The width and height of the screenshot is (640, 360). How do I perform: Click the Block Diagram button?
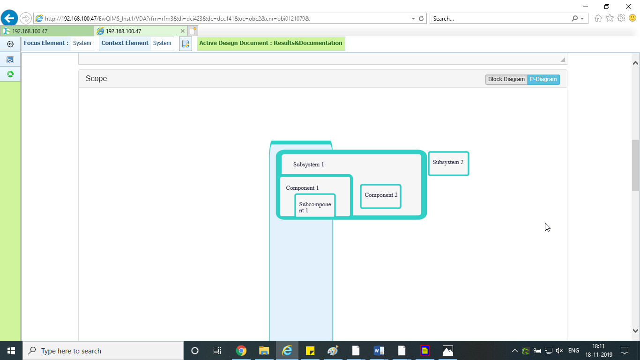pos(506,79)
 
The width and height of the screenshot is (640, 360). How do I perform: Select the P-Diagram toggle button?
pos(543,79)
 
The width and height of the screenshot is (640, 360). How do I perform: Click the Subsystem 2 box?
pos(448,163)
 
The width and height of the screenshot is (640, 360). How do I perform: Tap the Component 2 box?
pos(380,196)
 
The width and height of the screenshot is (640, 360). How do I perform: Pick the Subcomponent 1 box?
pos(315,206)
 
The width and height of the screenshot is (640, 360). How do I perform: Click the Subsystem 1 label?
pos(309,165)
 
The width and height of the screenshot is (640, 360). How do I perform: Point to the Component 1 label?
pos(302,188)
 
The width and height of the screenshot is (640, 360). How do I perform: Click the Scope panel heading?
pos(97,79)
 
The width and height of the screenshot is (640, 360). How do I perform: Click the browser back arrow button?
pos(9,18)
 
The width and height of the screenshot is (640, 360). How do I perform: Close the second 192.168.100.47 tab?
pos(183,31)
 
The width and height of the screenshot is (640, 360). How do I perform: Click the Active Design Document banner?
pos(271,44)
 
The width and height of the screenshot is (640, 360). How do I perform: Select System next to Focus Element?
pos(82,43)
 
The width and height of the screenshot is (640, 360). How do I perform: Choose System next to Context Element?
pos(162,43)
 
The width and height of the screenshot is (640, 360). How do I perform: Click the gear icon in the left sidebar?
pos(10,44)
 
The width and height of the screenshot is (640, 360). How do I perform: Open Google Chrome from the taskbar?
pos(241,351)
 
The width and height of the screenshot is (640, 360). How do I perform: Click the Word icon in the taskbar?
pos(379,351)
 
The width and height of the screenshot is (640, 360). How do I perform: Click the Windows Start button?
pos(11,351)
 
